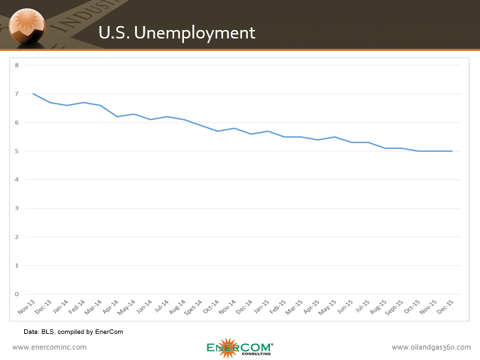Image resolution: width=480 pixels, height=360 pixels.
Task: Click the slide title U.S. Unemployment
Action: click(x=176, y=32)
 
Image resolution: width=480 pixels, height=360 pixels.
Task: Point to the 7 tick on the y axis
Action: click(x=17, y=94)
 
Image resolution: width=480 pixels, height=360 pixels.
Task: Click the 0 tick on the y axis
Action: click(x=17, y=294)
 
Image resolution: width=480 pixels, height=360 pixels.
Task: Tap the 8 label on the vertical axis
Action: click(x=17, y=65)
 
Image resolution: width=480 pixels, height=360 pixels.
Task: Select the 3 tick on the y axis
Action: click(x=17, y=208)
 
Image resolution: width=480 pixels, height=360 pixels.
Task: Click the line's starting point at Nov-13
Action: click(x=33, y=94)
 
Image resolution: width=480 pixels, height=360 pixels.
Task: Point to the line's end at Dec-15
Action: click(x=452, y=151)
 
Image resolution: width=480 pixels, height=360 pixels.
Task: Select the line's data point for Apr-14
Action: click(x=117, y=117)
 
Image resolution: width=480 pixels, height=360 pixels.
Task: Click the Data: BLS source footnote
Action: click(x=73, y=332)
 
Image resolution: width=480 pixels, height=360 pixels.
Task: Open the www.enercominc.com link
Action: click(x=50, y=347)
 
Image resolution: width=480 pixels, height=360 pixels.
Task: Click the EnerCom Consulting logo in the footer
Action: click(x=239, y=348)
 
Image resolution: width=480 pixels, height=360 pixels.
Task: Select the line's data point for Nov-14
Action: click(x=234, y=128)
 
